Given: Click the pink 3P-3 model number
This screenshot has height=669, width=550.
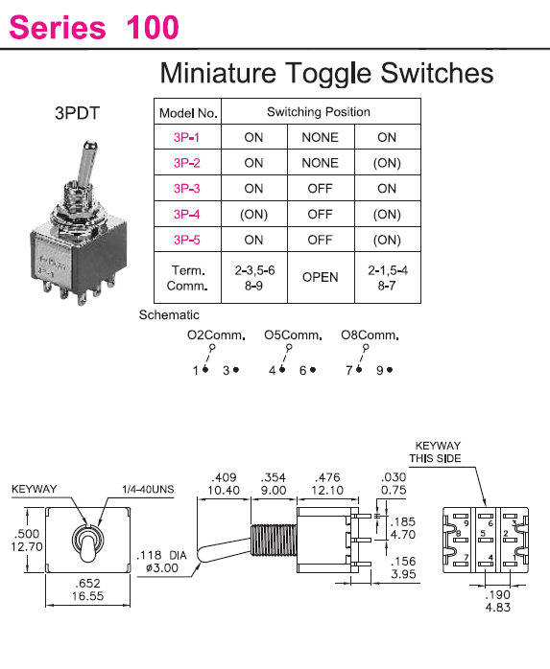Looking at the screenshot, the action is click(187, 188).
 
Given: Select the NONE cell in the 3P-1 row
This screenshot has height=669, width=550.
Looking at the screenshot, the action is click(320, 137).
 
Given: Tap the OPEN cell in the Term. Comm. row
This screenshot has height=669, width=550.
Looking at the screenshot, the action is click(320, 277).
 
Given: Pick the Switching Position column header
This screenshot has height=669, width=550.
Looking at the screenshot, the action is click(319, 112).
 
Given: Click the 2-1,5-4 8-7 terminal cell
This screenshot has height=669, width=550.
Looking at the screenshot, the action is click(388, 278).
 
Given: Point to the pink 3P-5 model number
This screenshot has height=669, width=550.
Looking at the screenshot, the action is click(187, 240).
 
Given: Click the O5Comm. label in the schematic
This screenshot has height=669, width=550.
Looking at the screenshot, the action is click(293, 334).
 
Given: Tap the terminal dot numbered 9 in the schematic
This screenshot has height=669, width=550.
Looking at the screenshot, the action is click(390, 370).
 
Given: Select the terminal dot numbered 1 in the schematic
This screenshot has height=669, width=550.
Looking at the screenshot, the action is click(205, 370).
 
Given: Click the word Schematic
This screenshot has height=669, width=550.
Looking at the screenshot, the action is click(169, 315).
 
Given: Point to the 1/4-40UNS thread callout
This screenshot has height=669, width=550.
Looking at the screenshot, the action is click(148, 490).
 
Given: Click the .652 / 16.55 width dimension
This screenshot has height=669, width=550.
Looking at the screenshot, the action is click(87, 589).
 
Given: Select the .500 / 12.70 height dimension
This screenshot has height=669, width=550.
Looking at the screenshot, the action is click(27, 540).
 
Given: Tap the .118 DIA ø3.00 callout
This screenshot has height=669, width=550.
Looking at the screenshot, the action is click(161, 562).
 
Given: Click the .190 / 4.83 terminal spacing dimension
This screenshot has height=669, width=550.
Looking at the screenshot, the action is click(498, 601).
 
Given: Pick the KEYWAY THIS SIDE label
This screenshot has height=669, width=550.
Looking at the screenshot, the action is click(436, 452).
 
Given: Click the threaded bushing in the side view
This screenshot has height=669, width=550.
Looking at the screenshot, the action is click(274, 541).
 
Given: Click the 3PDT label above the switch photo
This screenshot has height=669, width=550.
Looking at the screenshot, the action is click(78, 113).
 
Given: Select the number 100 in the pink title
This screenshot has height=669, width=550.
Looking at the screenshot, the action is click(153, 27).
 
